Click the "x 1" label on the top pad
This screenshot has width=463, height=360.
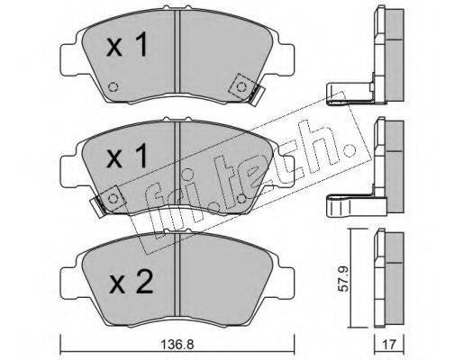point(127,44)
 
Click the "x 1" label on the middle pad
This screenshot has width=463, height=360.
point(127,155)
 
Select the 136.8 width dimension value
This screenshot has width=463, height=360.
point(177,345)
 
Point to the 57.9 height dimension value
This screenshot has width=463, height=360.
point(342,279)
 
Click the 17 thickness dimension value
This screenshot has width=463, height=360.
point(390,345)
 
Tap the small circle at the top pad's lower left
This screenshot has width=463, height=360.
point(113,87)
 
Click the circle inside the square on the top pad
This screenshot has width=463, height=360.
point(241,87)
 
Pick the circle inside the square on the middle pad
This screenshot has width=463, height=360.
point(113,198)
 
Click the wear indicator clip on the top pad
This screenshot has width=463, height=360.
point(256,95)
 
